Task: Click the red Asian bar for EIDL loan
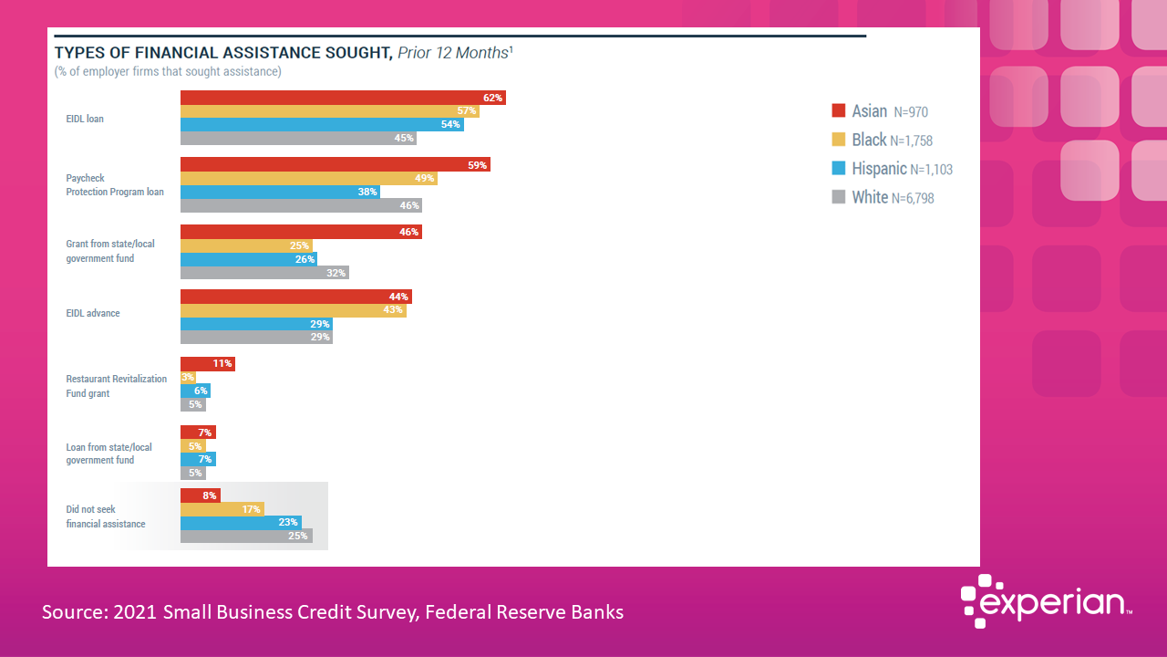coord(342,98)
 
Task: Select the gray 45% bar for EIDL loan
coord(297,139)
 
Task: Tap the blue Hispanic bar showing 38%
coord(279,192)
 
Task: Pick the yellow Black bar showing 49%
coord(308,178)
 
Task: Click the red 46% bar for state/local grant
coord(300,232)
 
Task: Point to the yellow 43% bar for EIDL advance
coord(293,310)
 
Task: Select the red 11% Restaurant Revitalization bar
coord(207,363)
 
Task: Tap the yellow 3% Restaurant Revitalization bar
coord(188,377)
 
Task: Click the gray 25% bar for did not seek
coord(246,536)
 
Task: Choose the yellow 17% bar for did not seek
coord(222,509)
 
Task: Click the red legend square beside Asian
coord(839,111)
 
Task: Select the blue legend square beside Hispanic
coord(839,169)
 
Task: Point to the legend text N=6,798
coord(913,198)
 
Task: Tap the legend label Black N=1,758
coord(892,141)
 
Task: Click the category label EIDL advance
coord(93,313)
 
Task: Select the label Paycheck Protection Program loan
coord(115,185)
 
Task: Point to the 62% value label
coord(493,98)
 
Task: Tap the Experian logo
coord(1046,602)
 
